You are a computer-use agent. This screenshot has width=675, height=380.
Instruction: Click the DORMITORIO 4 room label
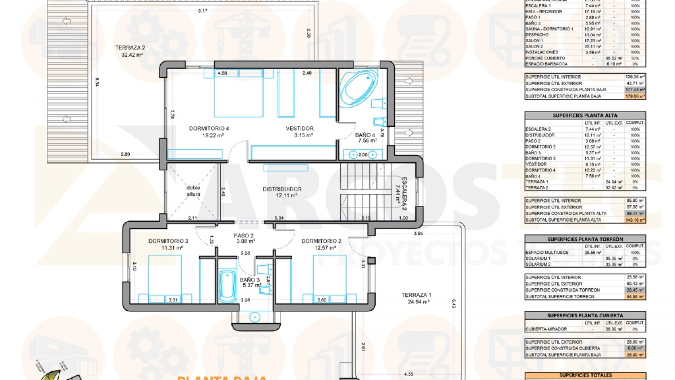pos(209,128)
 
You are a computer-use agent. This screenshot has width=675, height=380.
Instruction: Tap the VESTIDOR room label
pos(299,128)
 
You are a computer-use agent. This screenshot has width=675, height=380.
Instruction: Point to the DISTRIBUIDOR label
pos(282,189)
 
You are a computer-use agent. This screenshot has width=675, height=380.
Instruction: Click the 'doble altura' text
pos(193,191)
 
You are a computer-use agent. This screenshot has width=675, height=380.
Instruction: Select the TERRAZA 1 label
pos(416,295)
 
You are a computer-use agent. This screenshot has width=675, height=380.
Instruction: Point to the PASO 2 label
pos(244,236)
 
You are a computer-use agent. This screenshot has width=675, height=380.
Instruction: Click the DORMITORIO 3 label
pos(168,241)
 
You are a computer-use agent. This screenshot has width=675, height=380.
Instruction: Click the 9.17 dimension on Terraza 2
pos(202,11)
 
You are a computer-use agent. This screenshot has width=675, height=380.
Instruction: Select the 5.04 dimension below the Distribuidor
pos(279,218)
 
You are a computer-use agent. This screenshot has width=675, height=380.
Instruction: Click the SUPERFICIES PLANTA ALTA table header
pos(585,115)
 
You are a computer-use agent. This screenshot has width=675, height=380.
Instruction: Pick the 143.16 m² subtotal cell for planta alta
pos(635,220)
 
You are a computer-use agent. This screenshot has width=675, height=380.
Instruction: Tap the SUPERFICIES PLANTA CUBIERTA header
pos(585,316)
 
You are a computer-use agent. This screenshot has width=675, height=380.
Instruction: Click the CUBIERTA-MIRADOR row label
pos(546,329)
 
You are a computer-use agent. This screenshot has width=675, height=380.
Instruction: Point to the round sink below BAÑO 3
pos(255,317)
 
